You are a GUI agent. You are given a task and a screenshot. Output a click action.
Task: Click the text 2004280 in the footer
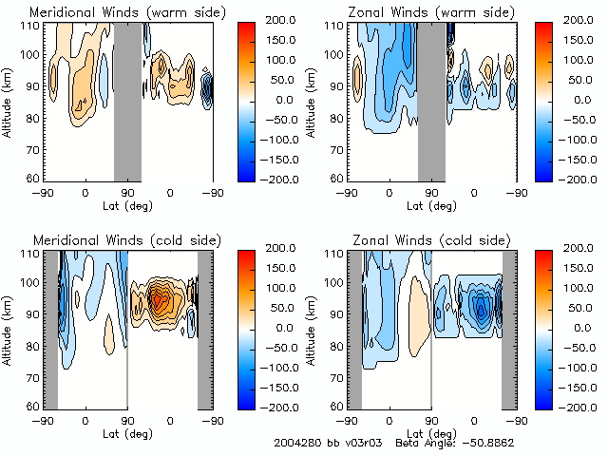(294, 443)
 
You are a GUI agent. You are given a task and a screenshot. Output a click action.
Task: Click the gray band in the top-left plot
(127, 100)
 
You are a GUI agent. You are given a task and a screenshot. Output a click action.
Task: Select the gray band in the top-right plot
(431, 100)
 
